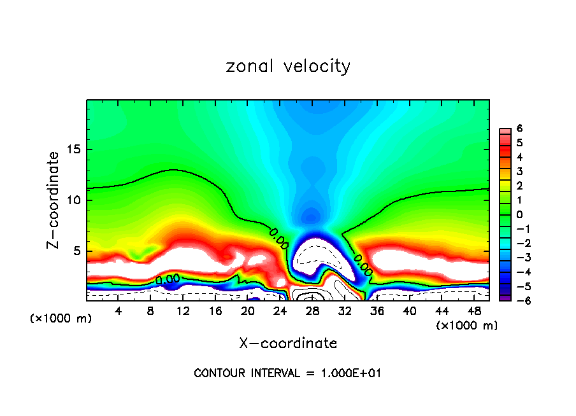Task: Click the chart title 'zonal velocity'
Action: point(288,66)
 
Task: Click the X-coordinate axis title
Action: point(288,343)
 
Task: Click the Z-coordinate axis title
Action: point(55,200)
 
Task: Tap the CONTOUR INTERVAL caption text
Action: point(288,373)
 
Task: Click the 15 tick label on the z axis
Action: point(75,150)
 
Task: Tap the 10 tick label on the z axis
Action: point(75,200)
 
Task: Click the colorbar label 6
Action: point(519,128)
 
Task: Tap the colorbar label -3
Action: point(517,258)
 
